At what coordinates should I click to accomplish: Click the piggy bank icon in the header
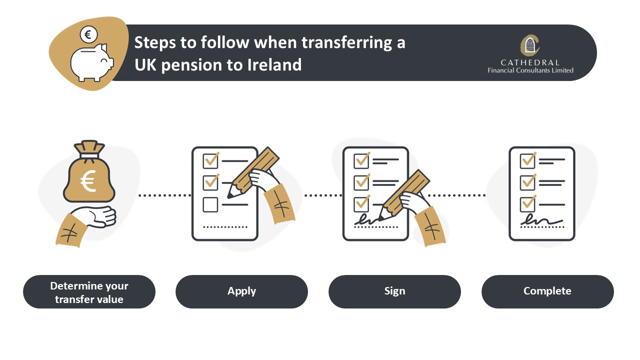click(x=91, y=62)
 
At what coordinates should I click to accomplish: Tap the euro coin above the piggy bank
click(x=88, y=34)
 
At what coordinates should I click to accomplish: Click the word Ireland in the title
click(x=274, y=64)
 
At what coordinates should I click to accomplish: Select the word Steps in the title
click(x=155, y=43)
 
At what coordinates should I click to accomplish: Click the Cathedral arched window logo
click(x=530, y=45)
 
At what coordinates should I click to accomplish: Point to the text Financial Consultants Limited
click(x=530, y=70)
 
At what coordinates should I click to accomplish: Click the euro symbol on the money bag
click(x=88, y=181)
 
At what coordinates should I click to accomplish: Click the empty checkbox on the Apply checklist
click(x=210, y=204)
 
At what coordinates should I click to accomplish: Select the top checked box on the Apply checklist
click(x=210, y=161)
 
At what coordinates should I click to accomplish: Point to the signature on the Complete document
click(x=541, y=219)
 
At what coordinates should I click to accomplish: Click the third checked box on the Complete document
click(x=527, y=204)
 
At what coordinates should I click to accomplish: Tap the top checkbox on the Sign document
click(x=361, y=160)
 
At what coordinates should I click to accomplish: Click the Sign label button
click(x=394, y=291)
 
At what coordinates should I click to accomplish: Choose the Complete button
click(x=547, y=291)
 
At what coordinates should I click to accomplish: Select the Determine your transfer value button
click(x=89, y=291)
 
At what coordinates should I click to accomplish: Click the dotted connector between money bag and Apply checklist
click(x=164, y=195)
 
